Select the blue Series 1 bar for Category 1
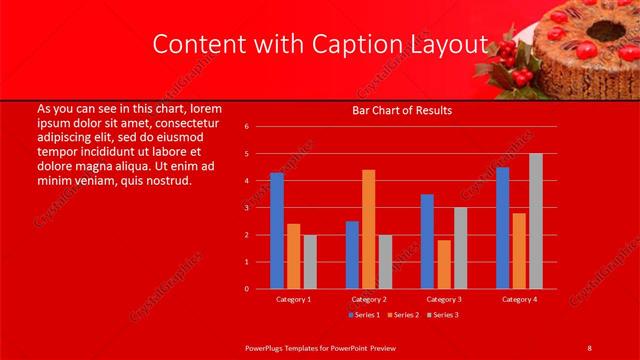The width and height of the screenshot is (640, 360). pos(277,231)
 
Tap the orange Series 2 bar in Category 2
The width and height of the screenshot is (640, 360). pos(369,229)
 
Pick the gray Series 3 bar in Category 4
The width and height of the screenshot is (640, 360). pos(536,221)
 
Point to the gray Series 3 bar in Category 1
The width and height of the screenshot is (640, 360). pos(310,262)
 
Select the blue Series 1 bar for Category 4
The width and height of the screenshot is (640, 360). pos(502,228)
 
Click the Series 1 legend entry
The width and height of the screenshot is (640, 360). pos(364,315)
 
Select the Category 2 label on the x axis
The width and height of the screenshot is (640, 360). pos(369,299)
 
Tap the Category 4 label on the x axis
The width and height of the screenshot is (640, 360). pos(519,299)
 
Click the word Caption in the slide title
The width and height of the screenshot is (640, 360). pos(356,44)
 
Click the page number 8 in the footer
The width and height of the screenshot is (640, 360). pos(590,347)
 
